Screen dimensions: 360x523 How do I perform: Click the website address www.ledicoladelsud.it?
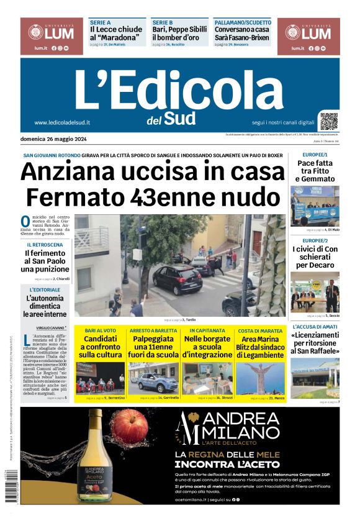coord(62,123)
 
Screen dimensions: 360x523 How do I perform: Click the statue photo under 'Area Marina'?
coord(259,378)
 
